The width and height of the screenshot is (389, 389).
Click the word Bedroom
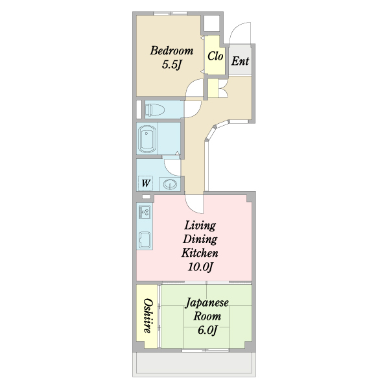172,51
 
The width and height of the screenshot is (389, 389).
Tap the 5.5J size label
172,65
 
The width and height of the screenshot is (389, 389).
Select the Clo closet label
215,56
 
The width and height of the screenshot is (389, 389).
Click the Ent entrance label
240,62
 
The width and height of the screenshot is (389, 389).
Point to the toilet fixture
156,109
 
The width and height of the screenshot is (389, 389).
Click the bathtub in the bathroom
148,138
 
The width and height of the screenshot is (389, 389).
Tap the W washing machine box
147,183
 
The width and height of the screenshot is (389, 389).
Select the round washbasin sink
170,184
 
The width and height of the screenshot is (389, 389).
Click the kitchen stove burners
145,212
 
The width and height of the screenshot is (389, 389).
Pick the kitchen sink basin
145,239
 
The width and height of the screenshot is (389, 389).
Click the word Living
200,226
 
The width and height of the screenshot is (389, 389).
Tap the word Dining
200,239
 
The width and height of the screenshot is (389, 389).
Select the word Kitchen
200,253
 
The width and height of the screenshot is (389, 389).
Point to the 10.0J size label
200,267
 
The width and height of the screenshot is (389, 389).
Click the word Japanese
207,303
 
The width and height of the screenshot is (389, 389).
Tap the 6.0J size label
207,331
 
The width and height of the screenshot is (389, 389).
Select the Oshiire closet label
148,316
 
